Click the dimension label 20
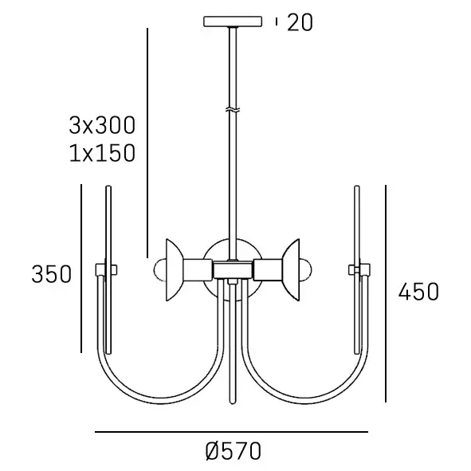(300, 22)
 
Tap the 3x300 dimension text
(102, 125)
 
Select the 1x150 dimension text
(102, 153)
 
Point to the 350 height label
(52, 274)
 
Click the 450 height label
(418, 292)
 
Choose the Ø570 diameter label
(234, 451)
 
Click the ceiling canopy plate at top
(233, 22)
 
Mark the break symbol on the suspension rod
(233, 110)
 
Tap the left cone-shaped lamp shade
(175, 269)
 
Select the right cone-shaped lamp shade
(290, 269)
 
